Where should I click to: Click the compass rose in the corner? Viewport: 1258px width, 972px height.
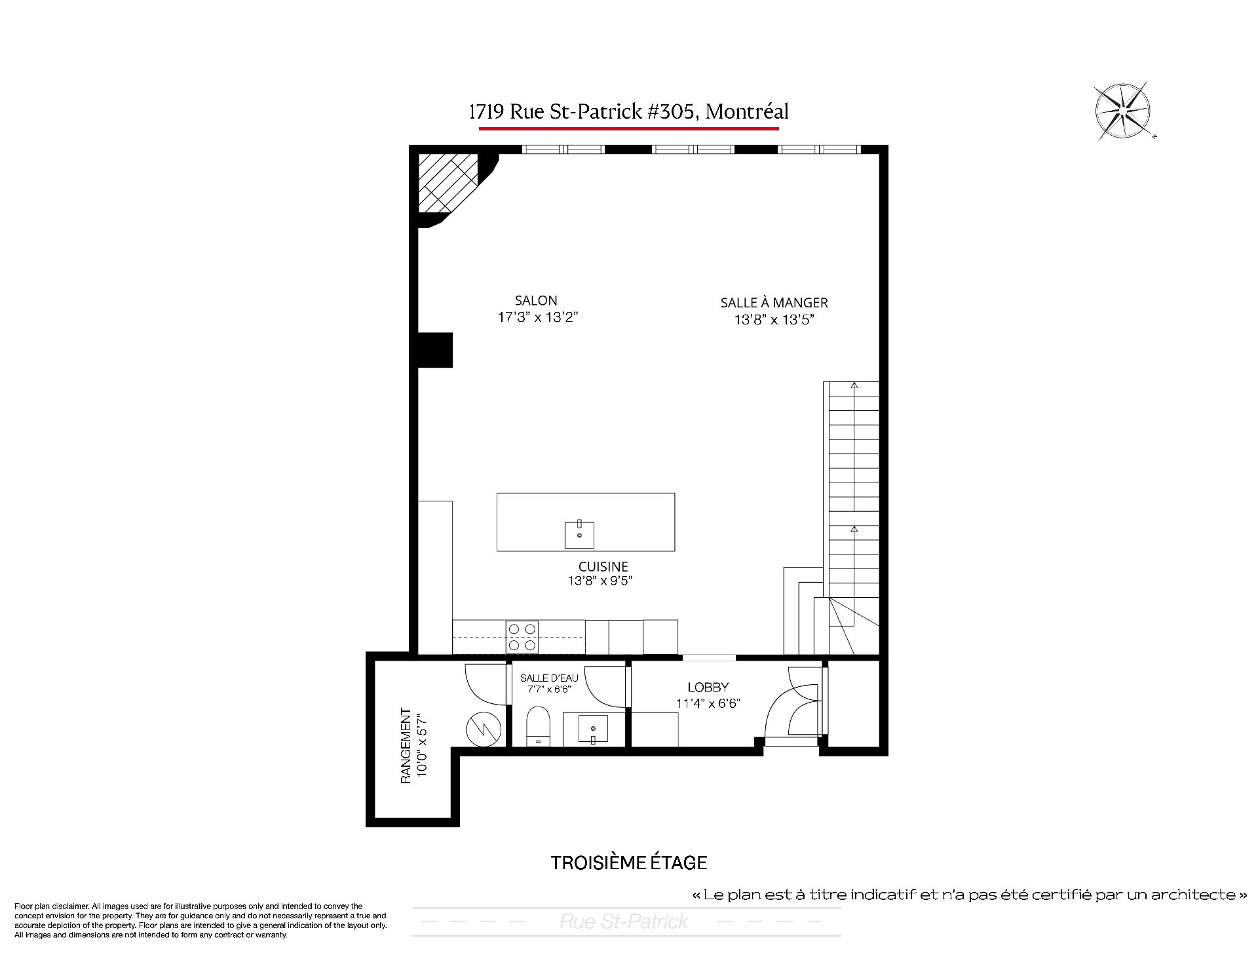tap(1123, 111)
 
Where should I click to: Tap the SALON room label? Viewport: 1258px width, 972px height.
tap(536, 301)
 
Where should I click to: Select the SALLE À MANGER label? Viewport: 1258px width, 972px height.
tap(774, 303)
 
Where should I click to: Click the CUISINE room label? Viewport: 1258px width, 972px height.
tap(603, 566)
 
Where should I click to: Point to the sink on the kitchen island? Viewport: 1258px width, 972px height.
tap(579, 535)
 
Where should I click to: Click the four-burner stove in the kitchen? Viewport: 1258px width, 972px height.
tap(522, 637)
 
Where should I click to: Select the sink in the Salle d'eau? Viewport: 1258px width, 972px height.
tap(593, 729)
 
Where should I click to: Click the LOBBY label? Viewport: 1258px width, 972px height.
tap(708, 687)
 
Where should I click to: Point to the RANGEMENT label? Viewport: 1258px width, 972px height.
tap(406, 746)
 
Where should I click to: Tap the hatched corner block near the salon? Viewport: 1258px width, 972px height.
tap(449, 183)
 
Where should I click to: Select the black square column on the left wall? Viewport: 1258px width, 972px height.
tap(435, 351)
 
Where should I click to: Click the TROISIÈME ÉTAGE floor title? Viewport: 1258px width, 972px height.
tap(629, 863)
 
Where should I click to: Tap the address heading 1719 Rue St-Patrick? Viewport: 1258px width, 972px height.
tap(628, 112)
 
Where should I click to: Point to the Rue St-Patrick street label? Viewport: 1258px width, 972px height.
tap(623, 922)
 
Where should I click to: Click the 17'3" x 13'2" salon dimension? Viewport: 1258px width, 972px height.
tap(537, 318)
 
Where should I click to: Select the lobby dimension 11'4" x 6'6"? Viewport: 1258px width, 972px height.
tap(708, 703)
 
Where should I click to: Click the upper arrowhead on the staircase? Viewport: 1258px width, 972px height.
tap(854, 385)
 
